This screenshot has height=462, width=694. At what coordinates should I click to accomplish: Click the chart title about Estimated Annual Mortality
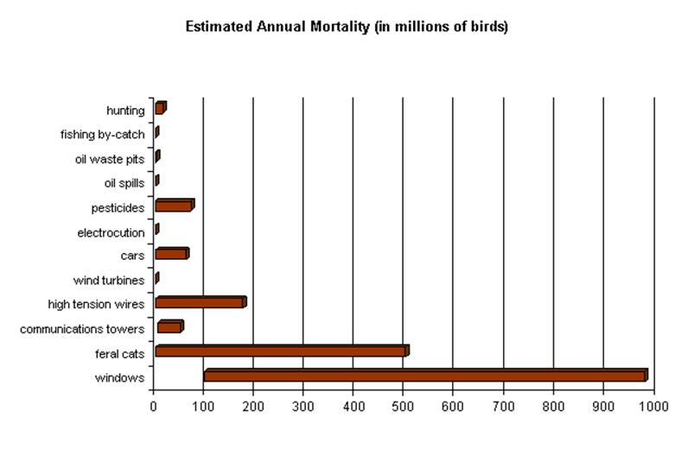[347, 27]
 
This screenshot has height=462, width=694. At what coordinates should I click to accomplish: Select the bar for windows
[424, 376]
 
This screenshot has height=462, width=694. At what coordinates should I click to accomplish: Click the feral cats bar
[281, 351]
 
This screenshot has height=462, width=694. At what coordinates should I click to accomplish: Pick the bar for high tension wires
[200, 302]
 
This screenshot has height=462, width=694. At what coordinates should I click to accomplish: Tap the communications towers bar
[169, 326]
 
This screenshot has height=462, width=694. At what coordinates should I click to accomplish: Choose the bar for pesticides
[174, 206]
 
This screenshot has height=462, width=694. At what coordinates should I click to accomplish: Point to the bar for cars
[171, 254]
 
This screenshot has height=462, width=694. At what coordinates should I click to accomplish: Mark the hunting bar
[160, 108]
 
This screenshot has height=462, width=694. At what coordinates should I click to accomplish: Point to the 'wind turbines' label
[109, 280]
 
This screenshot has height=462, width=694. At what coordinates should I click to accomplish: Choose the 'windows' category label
[120, 378]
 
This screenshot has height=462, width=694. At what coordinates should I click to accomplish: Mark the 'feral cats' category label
[119, 353]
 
